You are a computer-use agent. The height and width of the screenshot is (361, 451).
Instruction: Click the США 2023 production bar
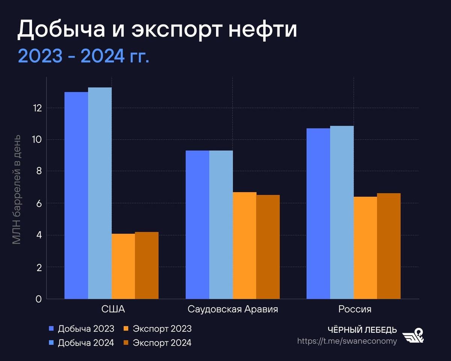point(76,196)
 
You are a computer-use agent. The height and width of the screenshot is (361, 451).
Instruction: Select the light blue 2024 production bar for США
point(100,193)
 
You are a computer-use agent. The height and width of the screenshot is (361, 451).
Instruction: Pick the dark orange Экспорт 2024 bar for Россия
point(389,246)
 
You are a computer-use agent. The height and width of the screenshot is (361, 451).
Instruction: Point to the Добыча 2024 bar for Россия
point(342,212)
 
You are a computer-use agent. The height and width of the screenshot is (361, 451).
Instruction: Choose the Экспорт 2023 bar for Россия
point(365,248)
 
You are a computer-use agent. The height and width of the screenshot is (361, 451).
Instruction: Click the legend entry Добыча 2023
point(82,329)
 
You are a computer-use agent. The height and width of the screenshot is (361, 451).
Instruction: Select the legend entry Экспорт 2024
point(157,343)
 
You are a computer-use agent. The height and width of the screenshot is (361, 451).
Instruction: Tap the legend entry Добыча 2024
point(82,343)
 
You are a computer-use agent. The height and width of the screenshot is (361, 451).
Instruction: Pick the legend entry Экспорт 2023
point(157,329)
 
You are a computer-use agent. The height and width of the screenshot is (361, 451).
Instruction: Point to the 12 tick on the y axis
point(36,108)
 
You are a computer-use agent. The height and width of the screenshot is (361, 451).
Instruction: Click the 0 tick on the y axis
point(38,299)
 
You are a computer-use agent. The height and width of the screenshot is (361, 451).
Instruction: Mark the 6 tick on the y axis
point(38,203)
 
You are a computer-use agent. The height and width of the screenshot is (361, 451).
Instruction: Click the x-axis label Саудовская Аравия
point(233,309)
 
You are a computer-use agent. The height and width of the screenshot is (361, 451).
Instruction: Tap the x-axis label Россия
point(354,309)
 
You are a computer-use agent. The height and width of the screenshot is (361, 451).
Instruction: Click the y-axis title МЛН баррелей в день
point(17,190)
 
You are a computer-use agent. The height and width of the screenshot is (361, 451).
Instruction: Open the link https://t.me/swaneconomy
point(347,341)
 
